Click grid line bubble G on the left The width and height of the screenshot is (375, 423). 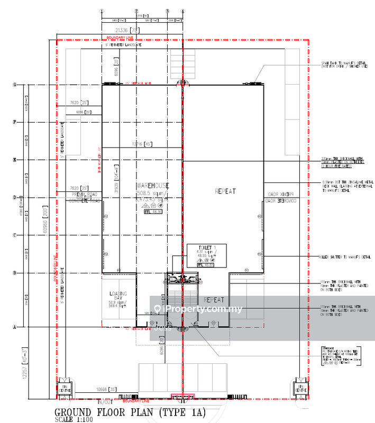point(14,85)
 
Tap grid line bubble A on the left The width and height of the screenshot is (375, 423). point(14,327)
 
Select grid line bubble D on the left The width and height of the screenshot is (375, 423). point(14,198)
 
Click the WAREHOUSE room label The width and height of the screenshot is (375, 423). point(152,186)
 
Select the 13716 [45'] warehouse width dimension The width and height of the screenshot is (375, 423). point(141,144)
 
